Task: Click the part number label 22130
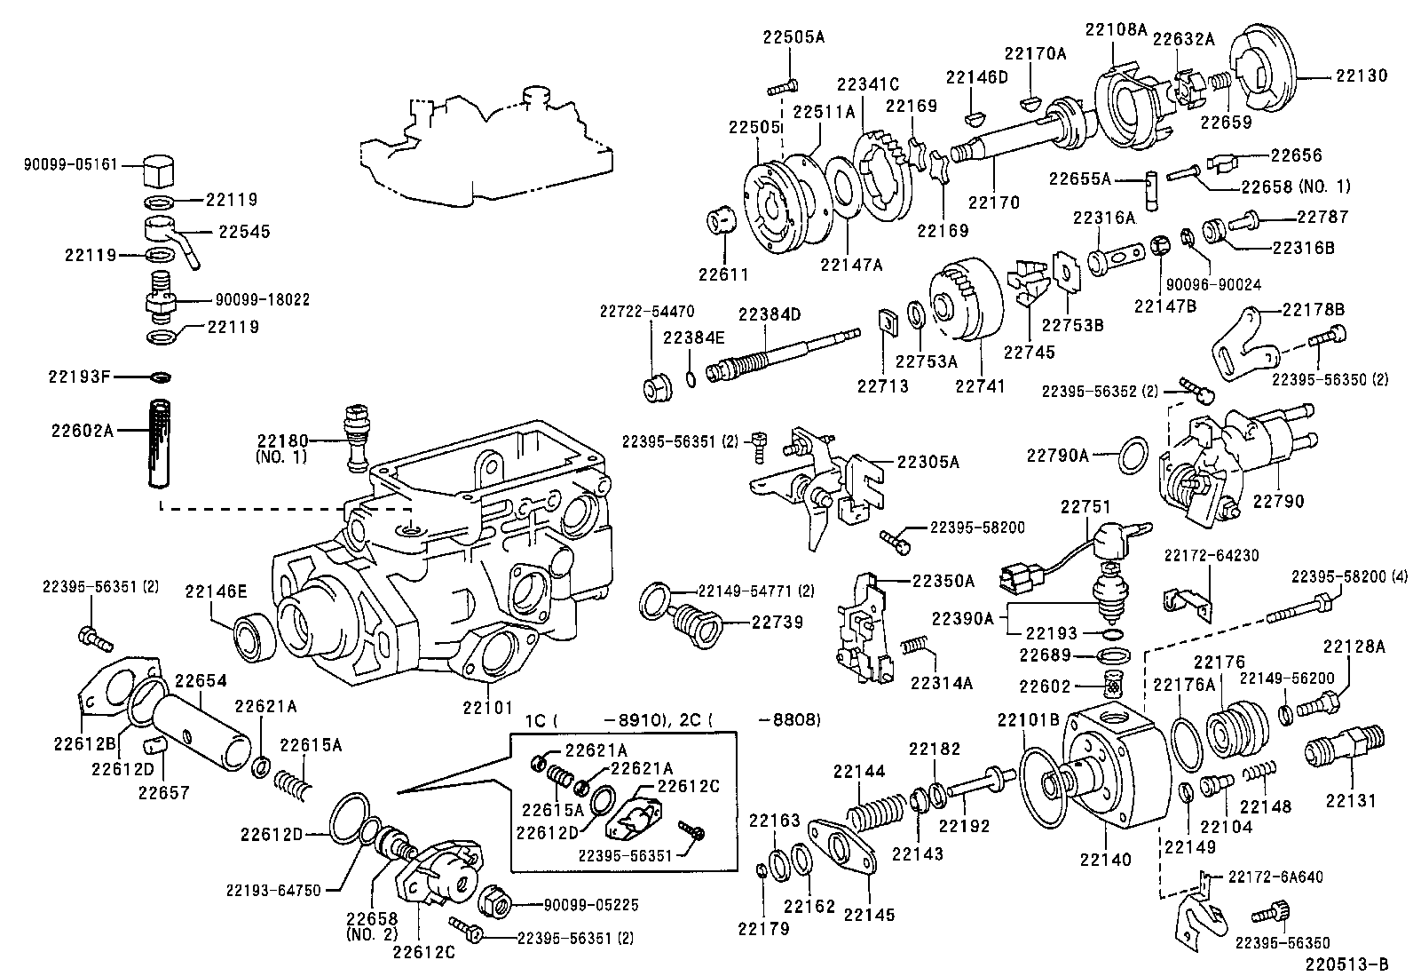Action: [1362, 76]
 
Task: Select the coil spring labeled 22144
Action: [877, 814]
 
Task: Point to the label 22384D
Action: [770, 314]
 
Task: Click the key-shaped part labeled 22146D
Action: [974, 115]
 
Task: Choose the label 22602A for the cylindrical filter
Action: [83, 431]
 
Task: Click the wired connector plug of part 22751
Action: [1017, 579]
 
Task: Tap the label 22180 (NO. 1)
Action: [282, 448]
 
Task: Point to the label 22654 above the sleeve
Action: [200, 681]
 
